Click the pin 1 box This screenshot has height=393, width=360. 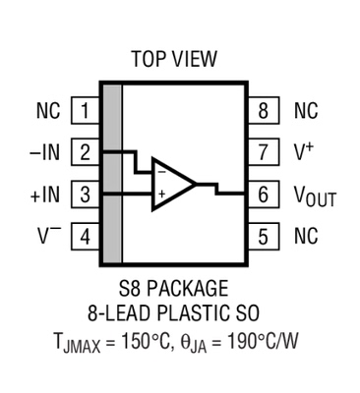point(87,111)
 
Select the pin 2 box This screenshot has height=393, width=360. point(87,152)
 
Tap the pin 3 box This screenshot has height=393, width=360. point(87,195)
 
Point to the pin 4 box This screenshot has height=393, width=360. point(87,236)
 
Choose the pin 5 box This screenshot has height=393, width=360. point(263,236)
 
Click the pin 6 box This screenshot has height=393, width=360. point(263,195)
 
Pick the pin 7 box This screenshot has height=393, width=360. point(263,152)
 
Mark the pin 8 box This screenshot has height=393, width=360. point(263,111)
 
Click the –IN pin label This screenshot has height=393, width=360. point(47,152)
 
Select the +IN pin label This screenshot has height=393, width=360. point(47,195)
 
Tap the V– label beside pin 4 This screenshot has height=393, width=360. point(51,236)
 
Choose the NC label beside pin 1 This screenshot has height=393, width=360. point(48,111)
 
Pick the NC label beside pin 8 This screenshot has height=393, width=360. point(306,111)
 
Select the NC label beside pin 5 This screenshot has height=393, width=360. point(306,236)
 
